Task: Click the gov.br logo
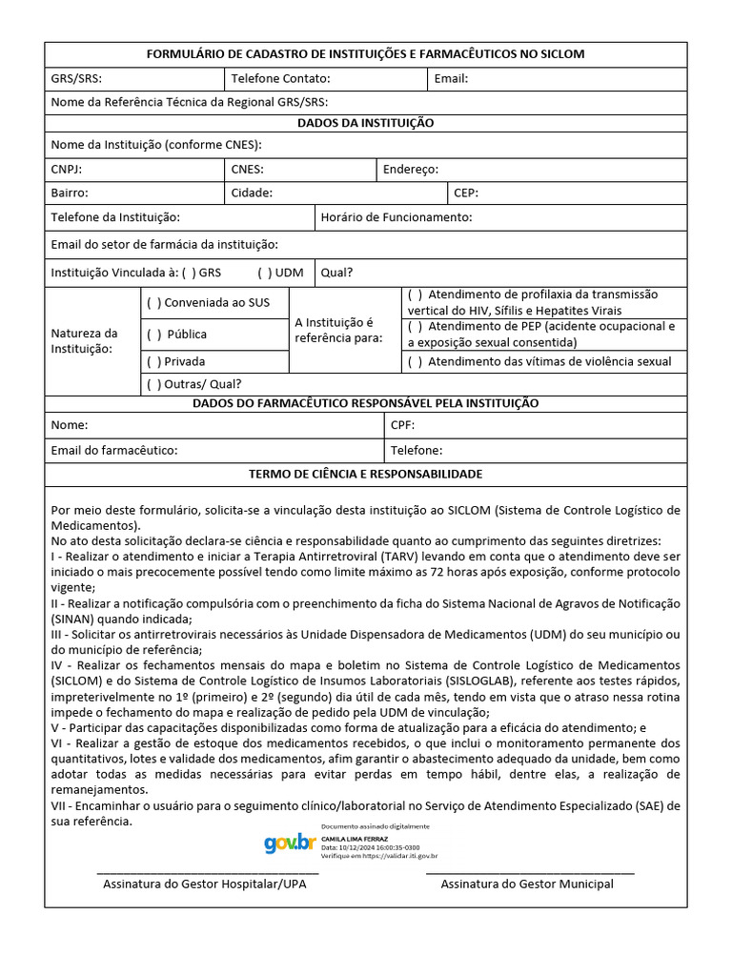[290, 843]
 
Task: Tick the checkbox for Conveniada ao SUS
[153, 303]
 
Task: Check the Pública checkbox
[153, 335]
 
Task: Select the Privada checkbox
[153, 362]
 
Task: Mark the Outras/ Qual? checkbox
[153, 385]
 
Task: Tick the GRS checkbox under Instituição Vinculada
[189, 273]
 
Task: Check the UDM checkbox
[264, 273]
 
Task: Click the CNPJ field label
[66, 170]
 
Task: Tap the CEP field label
[466, 193]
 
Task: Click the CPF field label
[402, 425]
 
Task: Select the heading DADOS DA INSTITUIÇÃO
[365, 124]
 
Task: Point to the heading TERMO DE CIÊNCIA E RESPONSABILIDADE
[365, 474]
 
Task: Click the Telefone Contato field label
[280, 79]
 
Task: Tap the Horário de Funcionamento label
[396, 218]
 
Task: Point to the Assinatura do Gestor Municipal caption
[527, 884]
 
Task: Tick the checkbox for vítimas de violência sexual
[415, 362]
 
